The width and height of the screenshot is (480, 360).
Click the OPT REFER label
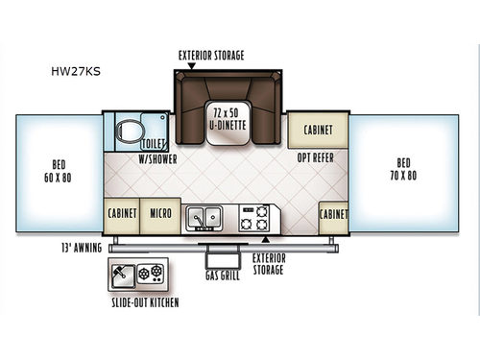click(x=315, y=156)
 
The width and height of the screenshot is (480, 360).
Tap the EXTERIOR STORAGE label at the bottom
click(x=269, y=264)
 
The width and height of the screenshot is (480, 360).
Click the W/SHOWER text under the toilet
click(x=156, y=157)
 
